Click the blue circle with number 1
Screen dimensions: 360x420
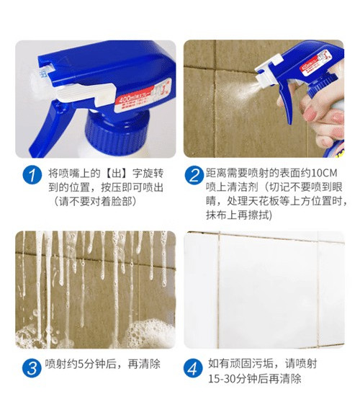point(32,175)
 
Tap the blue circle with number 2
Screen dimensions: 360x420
point(194,175)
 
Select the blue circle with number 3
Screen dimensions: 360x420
point(32,367)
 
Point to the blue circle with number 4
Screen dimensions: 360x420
point(193,367)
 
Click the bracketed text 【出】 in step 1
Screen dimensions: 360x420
point(117,174)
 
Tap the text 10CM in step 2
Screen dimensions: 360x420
point(324,173)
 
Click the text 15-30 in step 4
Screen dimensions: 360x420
point(222,379)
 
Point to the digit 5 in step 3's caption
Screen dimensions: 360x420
point(81,364)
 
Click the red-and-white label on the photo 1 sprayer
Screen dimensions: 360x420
point(143,96)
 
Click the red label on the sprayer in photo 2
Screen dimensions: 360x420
point(315,62)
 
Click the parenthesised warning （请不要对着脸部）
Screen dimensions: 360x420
point(95,201)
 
